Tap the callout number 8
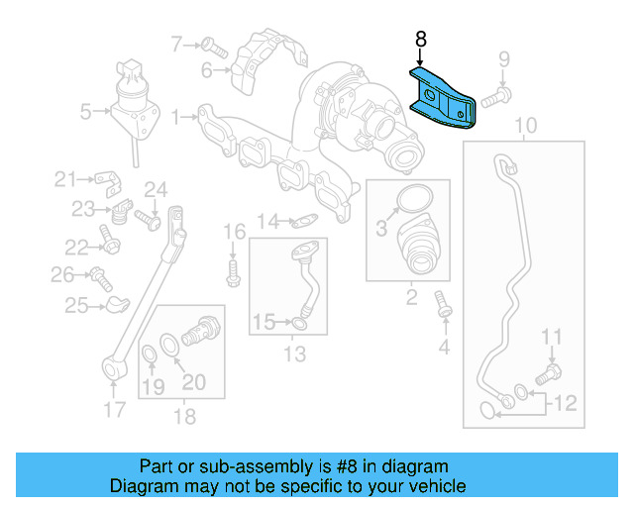pos(420,40)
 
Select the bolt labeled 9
pos(495,96)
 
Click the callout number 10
pos(526,125)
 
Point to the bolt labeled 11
pos(547,375)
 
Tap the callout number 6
pos(207,70)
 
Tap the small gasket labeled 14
pos(308,221)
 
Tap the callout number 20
pos(193,383)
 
